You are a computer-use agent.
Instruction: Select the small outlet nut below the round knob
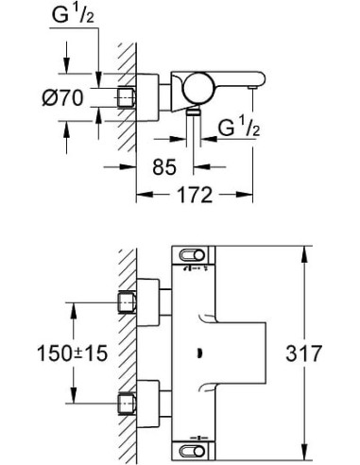tap(193, 111)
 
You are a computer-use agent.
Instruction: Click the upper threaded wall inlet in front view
tap(127, 301)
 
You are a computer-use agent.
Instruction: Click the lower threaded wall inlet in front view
tap(127, 405)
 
